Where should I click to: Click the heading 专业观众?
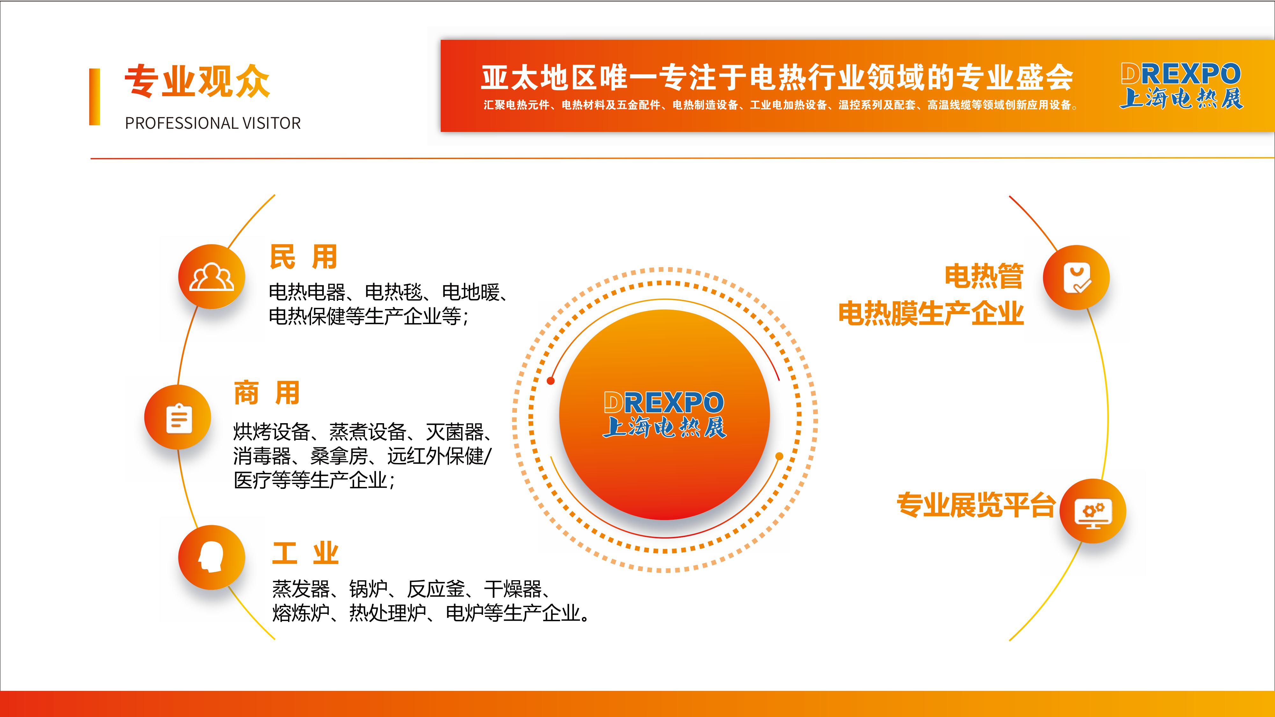point(197,81)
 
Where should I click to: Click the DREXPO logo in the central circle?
point(664,415)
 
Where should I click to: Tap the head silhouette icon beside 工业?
point(211,557)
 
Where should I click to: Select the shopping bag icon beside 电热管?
point(1077,279)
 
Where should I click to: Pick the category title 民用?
point(303,257)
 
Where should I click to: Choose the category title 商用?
point(267,393)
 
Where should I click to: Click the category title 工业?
point(305,553)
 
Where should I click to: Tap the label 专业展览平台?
point(975,505)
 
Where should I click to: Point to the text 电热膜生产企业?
point(931,313)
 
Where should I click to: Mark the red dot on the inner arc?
point(550,380)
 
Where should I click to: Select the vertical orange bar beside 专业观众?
point(95,97)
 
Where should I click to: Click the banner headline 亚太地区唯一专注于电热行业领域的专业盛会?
point(777,78)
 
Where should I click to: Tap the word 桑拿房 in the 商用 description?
point(339,456)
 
